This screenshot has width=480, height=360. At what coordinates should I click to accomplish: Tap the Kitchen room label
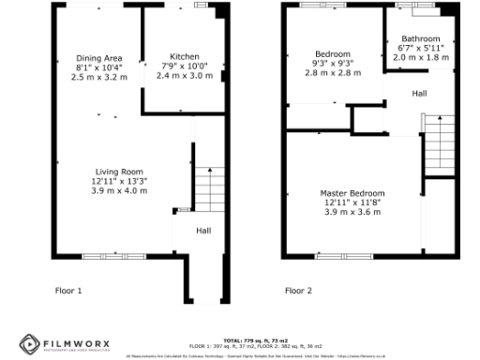click(177, 56)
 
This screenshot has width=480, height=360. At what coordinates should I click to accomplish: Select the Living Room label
click(119, 172)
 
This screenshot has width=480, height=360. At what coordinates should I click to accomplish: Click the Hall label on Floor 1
click(202, 230)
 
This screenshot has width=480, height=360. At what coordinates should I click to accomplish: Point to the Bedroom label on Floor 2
click(332, 54)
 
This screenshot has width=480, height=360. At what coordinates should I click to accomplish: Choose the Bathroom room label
click(420, 38)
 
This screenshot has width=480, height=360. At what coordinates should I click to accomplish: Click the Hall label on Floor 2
click(419, 94)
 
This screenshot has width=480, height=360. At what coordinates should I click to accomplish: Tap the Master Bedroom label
click(354, 192)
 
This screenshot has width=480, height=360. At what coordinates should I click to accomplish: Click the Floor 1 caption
click(68, 291)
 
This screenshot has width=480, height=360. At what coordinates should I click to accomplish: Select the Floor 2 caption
click(298, 291)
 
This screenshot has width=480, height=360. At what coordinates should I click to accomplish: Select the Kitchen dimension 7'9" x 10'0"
click(177, 66)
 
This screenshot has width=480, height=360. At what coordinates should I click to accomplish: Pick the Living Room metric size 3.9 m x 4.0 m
click(119, 190)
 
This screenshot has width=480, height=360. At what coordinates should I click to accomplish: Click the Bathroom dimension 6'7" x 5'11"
click(420, 48)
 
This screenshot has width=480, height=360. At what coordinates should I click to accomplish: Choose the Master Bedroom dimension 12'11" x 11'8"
click(354, 202)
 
